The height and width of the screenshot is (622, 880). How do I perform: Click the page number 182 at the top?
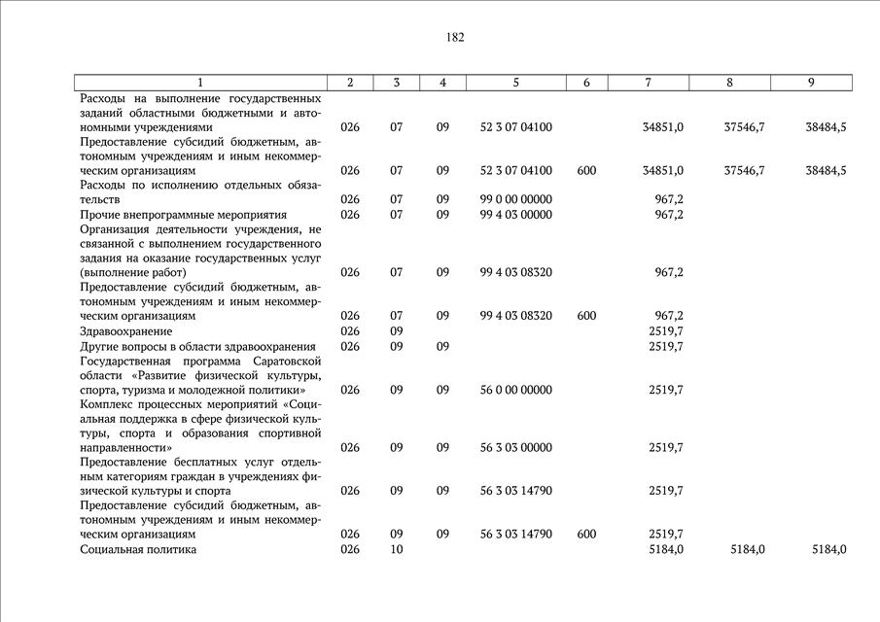point(455,37)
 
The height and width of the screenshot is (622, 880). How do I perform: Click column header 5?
point(515,83)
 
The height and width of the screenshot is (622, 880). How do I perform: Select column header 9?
point(811,83)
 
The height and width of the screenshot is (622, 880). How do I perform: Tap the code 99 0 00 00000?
point(515,199)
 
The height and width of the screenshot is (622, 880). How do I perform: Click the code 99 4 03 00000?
point(515,214)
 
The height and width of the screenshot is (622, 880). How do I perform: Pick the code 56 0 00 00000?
point(515,390)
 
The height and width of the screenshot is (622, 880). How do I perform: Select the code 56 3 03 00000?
point(515,447)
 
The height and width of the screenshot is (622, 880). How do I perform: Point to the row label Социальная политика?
point(138,549)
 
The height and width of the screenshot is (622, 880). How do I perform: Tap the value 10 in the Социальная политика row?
point(397,549)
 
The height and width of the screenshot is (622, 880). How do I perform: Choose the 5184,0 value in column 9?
point(828,549)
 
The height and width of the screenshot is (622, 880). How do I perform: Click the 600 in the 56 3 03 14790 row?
point(586,534)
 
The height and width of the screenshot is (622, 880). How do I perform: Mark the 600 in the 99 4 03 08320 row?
point(586,316)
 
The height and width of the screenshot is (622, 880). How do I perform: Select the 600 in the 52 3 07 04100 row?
point(586,170)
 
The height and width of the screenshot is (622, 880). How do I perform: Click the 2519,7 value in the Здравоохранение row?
point(665,331)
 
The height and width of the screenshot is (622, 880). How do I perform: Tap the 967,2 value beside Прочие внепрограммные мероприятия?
point(669,214)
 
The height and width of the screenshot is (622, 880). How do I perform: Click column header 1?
point(200,83)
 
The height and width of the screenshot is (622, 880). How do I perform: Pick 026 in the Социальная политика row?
point(350,549)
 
